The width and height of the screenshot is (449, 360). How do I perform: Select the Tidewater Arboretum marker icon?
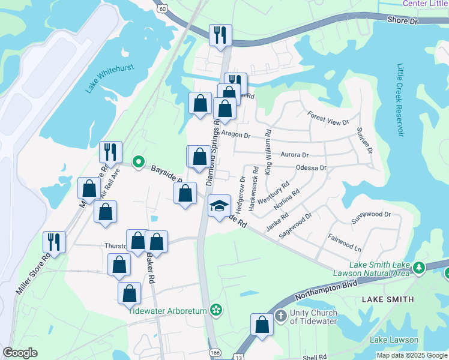tap(216, 310)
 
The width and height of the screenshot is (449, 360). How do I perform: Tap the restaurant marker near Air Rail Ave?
tap(110, 151)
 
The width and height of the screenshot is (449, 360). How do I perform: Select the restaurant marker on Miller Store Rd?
tap(54, 242)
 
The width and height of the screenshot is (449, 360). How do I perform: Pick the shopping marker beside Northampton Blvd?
tap(262, 325)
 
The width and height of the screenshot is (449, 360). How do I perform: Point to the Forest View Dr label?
tap(328, 118)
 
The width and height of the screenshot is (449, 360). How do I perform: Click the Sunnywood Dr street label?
tap(371, 214)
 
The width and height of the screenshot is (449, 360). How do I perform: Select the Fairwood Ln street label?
tap(345, 242)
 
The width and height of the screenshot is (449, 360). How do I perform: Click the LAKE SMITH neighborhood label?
tap(388, 299)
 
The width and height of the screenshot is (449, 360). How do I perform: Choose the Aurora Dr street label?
tap(294, 155)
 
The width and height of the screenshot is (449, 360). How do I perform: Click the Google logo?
tap(20, 353)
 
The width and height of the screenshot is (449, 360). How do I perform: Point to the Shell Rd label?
tap(314, 356)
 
